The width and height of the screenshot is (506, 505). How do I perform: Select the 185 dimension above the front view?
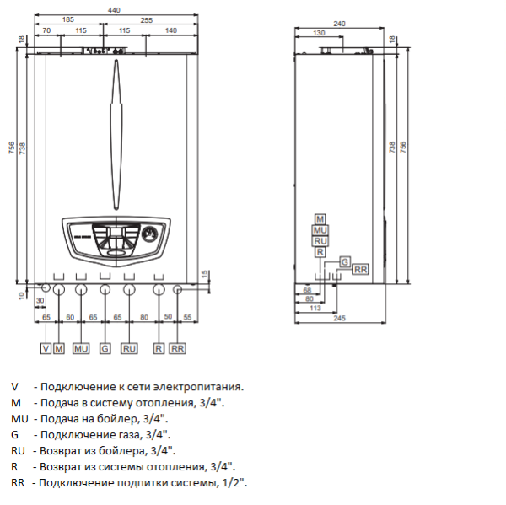(68, 19)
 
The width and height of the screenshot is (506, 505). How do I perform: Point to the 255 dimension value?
(147, 19)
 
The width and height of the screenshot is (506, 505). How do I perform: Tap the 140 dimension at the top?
(170, 30)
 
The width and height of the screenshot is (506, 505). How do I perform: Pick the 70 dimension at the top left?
(47, 30)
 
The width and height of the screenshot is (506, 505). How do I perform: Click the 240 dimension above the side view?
(339, 23)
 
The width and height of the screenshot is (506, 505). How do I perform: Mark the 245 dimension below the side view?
(339, 320)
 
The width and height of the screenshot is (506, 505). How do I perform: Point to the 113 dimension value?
(314, 309)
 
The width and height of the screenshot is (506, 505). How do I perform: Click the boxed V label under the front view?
(46, 347)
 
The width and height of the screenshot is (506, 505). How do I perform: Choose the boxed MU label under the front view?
(81, 347)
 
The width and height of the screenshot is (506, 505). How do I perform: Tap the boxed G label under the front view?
(105, 347)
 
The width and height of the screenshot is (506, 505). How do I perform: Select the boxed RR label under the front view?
(177, 347)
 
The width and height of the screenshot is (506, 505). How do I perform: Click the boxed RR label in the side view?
(360, 269)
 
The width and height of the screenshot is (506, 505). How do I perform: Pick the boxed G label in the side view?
(344, 261)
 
